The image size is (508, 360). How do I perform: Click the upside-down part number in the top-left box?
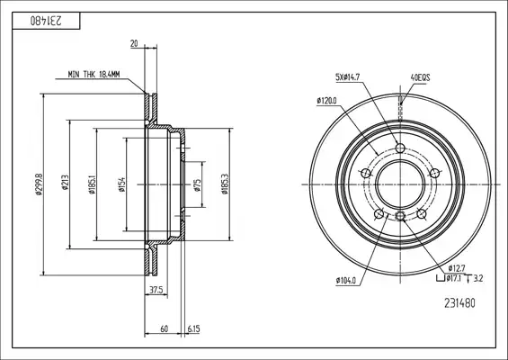(46, 21)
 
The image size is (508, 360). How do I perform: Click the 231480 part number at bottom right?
(459, 303)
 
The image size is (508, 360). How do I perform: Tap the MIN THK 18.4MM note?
(94, 75)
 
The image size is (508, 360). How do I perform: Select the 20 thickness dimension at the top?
(134, 43)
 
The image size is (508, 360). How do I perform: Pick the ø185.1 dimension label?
(92, 184)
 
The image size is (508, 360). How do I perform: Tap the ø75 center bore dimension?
(197, 184)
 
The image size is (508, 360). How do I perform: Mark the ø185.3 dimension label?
(225, 184)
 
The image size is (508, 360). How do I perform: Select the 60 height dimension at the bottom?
(165, 328)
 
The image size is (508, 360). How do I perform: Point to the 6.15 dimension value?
(193, 328)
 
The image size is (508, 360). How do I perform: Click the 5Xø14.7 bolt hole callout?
(347, 77)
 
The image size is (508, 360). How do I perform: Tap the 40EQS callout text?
(420, 77)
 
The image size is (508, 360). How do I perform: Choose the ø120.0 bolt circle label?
(326, 101)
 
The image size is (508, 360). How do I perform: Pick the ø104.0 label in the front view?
(346, 280)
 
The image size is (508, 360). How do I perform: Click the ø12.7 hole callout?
(457, 268)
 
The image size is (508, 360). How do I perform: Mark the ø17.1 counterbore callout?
(453, 278)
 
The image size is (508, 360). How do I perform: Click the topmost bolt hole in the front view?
(400, 148)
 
